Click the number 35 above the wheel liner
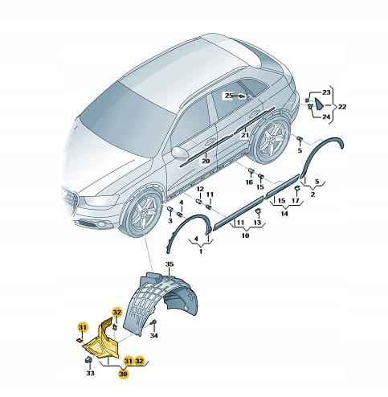point(169,264)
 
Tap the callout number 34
point(153,335)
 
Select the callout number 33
point(90,373)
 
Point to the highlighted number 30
point(123,374)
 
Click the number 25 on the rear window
point(229,96)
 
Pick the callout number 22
point(342,107)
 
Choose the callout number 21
point(245,135)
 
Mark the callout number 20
point(206,161)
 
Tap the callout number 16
point(249,182)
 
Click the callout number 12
point(200,189)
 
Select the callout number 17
point(295,200)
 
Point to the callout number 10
point(245,235)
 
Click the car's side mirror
point(180,152)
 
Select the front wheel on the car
point(142,214)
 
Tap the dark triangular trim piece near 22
point(319,104)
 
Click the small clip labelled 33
point(88,360)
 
